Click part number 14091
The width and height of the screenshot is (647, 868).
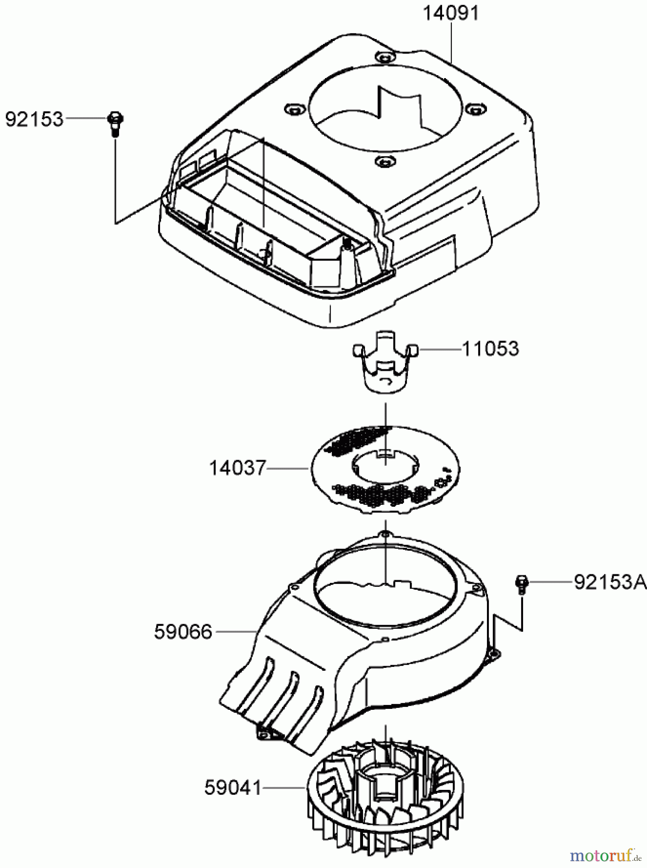451,13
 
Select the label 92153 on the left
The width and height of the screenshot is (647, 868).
34,119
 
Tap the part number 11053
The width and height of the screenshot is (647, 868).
490,349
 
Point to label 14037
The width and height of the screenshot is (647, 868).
237,468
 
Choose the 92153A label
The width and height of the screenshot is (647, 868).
609,583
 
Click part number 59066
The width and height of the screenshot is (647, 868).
183,631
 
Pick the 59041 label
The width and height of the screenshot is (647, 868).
233,788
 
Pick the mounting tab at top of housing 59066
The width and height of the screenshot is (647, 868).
385,534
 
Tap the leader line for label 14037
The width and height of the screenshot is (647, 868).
287,468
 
